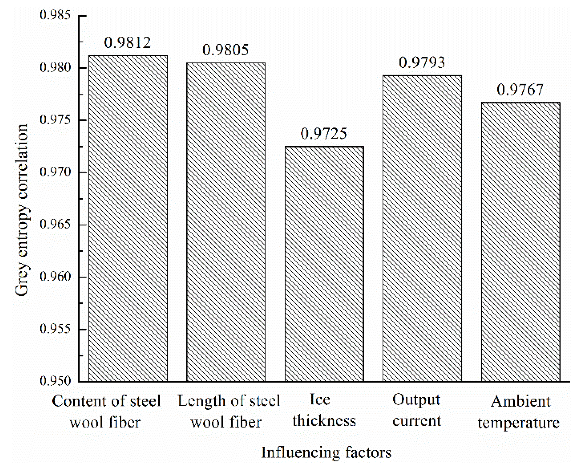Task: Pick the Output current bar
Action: tap(422, 228)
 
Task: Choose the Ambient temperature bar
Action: tap(520, 242)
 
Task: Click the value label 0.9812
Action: tap(128, 43)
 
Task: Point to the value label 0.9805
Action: tap(225, 50)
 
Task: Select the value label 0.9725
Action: tap(324, 134)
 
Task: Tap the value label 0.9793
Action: tap(422, 63)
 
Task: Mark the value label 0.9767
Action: tap(520, 90)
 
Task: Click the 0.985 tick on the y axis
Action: tap(56, 15)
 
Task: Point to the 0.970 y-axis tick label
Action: tap(56, 172)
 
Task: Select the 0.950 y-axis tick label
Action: tap(56, 381)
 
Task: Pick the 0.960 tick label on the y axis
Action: tap(56, 277)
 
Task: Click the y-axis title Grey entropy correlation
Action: tap(22, 210)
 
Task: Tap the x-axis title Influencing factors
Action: tap(326, 453)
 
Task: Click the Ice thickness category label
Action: tap(324, 410)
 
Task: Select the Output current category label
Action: tap(417, 410)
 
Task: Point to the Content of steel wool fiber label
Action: tap(106, 412)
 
